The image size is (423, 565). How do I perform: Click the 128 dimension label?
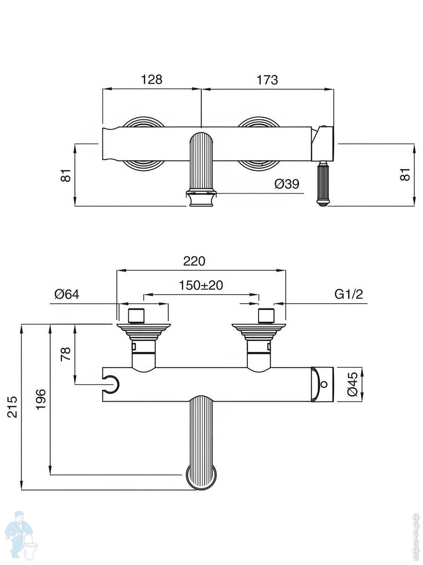152,80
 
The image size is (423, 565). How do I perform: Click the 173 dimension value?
267,80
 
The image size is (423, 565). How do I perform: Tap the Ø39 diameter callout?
287,184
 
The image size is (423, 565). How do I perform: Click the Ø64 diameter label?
67,294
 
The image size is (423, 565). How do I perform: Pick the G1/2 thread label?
349,294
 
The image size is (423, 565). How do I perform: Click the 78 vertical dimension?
66,354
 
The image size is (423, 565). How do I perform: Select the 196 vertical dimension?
41,399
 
